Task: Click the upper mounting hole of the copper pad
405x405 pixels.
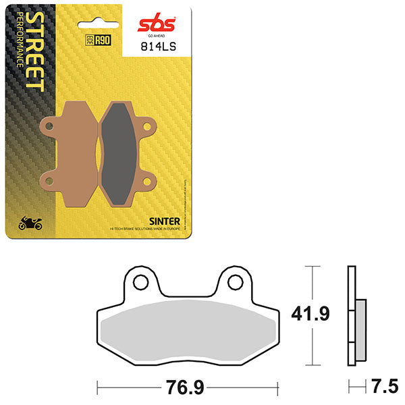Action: pos(49,126)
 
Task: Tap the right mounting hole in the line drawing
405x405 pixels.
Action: pos(236,280)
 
